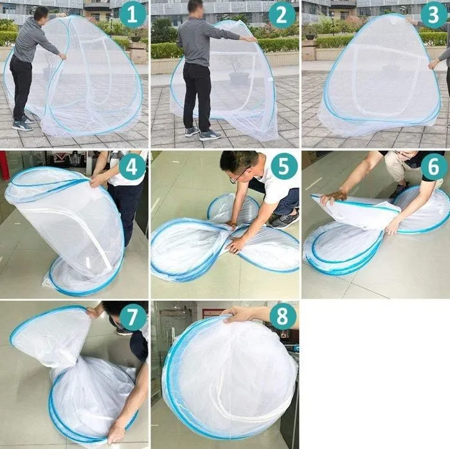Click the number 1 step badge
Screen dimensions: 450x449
coord(132,15)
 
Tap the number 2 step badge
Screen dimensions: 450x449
coord(282,15)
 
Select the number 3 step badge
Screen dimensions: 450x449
coord(434,15)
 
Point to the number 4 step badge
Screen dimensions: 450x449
coord(132,167)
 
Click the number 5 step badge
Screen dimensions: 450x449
coord(283,166)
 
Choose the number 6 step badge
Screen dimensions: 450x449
coord(434,166)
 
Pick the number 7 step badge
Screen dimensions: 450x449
coord(132,317)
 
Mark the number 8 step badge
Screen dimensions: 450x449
coord(282,316)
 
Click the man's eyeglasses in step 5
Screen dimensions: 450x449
coord(238,175)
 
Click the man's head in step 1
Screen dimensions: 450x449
coord(42,13)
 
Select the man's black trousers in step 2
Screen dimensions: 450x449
coord(197,96)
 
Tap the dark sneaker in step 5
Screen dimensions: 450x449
coord(284,220)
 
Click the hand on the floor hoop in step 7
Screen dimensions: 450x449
coord(116,435)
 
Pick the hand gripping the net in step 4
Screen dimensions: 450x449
coord(98,180)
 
